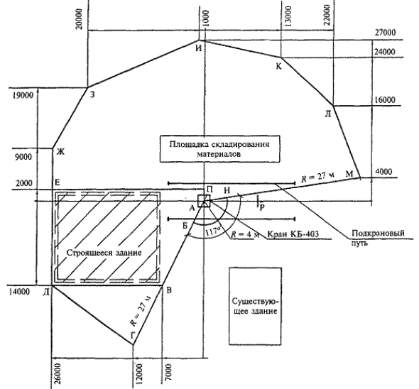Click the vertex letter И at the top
[x=198, y=48]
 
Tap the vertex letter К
[x=278, y=66]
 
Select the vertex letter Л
[x=328, y=114]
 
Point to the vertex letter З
[x=92, y=94]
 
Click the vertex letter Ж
[x=60, y=152]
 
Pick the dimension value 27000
[x=385, y=33]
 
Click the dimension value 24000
[x=384, y=52]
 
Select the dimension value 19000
[x=23, y=95]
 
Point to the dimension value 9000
[x=23, y=157]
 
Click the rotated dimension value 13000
[x=288, y=16]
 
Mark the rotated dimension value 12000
[x=139, y=373]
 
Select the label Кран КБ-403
[x=293, y=234]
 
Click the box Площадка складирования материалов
[x=220, y=149]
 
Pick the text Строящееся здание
[x=104, y=253]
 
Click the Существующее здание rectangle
[x=255, y=306]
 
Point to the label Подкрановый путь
[x=378, y=238]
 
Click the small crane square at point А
[x=204, y=201]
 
